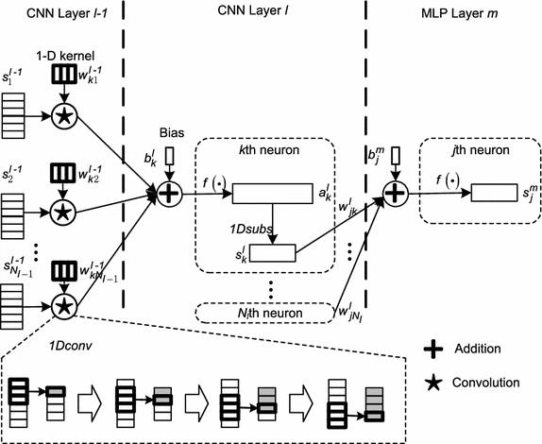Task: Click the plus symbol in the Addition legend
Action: coord(433,349)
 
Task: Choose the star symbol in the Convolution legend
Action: coord(433,383)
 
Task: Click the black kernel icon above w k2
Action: coord(61,173)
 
